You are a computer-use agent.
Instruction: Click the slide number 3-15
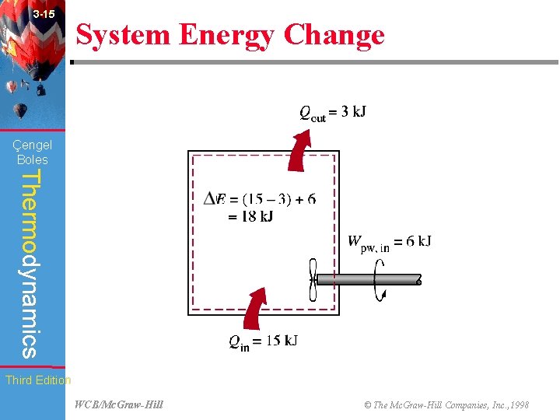point(44,15)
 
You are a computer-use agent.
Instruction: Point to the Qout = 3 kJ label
point(333,112)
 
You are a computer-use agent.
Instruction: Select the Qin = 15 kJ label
point(263,341)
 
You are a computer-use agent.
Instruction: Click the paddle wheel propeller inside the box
point(313,279)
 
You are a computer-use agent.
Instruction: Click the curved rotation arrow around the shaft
point(380,279)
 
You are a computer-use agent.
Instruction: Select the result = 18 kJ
point(250,216)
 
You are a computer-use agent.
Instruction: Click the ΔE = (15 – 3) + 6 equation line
point(260,199)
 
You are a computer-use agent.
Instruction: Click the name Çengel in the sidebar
point(33,145)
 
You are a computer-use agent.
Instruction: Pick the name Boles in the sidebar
point(33,159)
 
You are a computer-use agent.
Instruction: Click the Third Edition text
point(37,380)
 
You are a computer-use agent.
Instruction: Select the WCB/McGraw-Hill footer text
point(119,405)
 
